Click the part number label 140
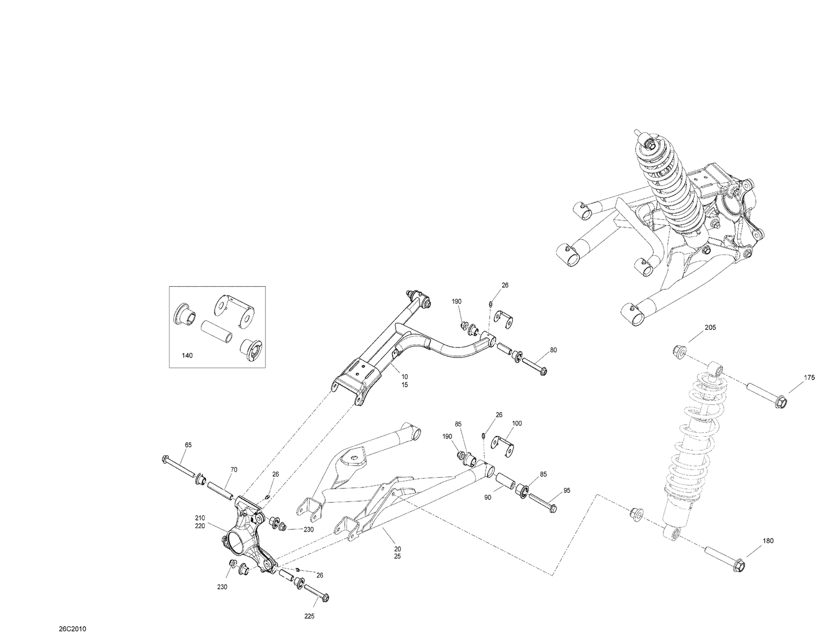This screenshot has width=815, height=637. click(187, 355)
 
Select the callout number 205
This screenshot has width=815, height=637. click(710, 327)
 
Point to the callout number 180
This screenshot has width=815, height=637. click(768, 541)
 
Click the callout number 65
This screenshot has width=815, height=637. click(188, 445)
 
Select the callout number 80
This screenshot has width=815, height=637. click(553, 350)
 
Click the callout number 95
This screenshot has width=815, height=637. click(567, 491)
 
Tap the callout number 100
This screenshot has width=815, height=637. click(517, 423)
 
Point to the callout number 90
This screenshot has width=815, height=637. click(487, 498)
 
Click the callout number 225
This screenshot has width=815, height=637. click(309, 616)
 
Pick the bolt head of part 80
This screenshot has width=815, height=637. click(542, 372)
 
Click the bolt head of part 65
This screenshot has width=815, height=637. click(165, 460)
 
